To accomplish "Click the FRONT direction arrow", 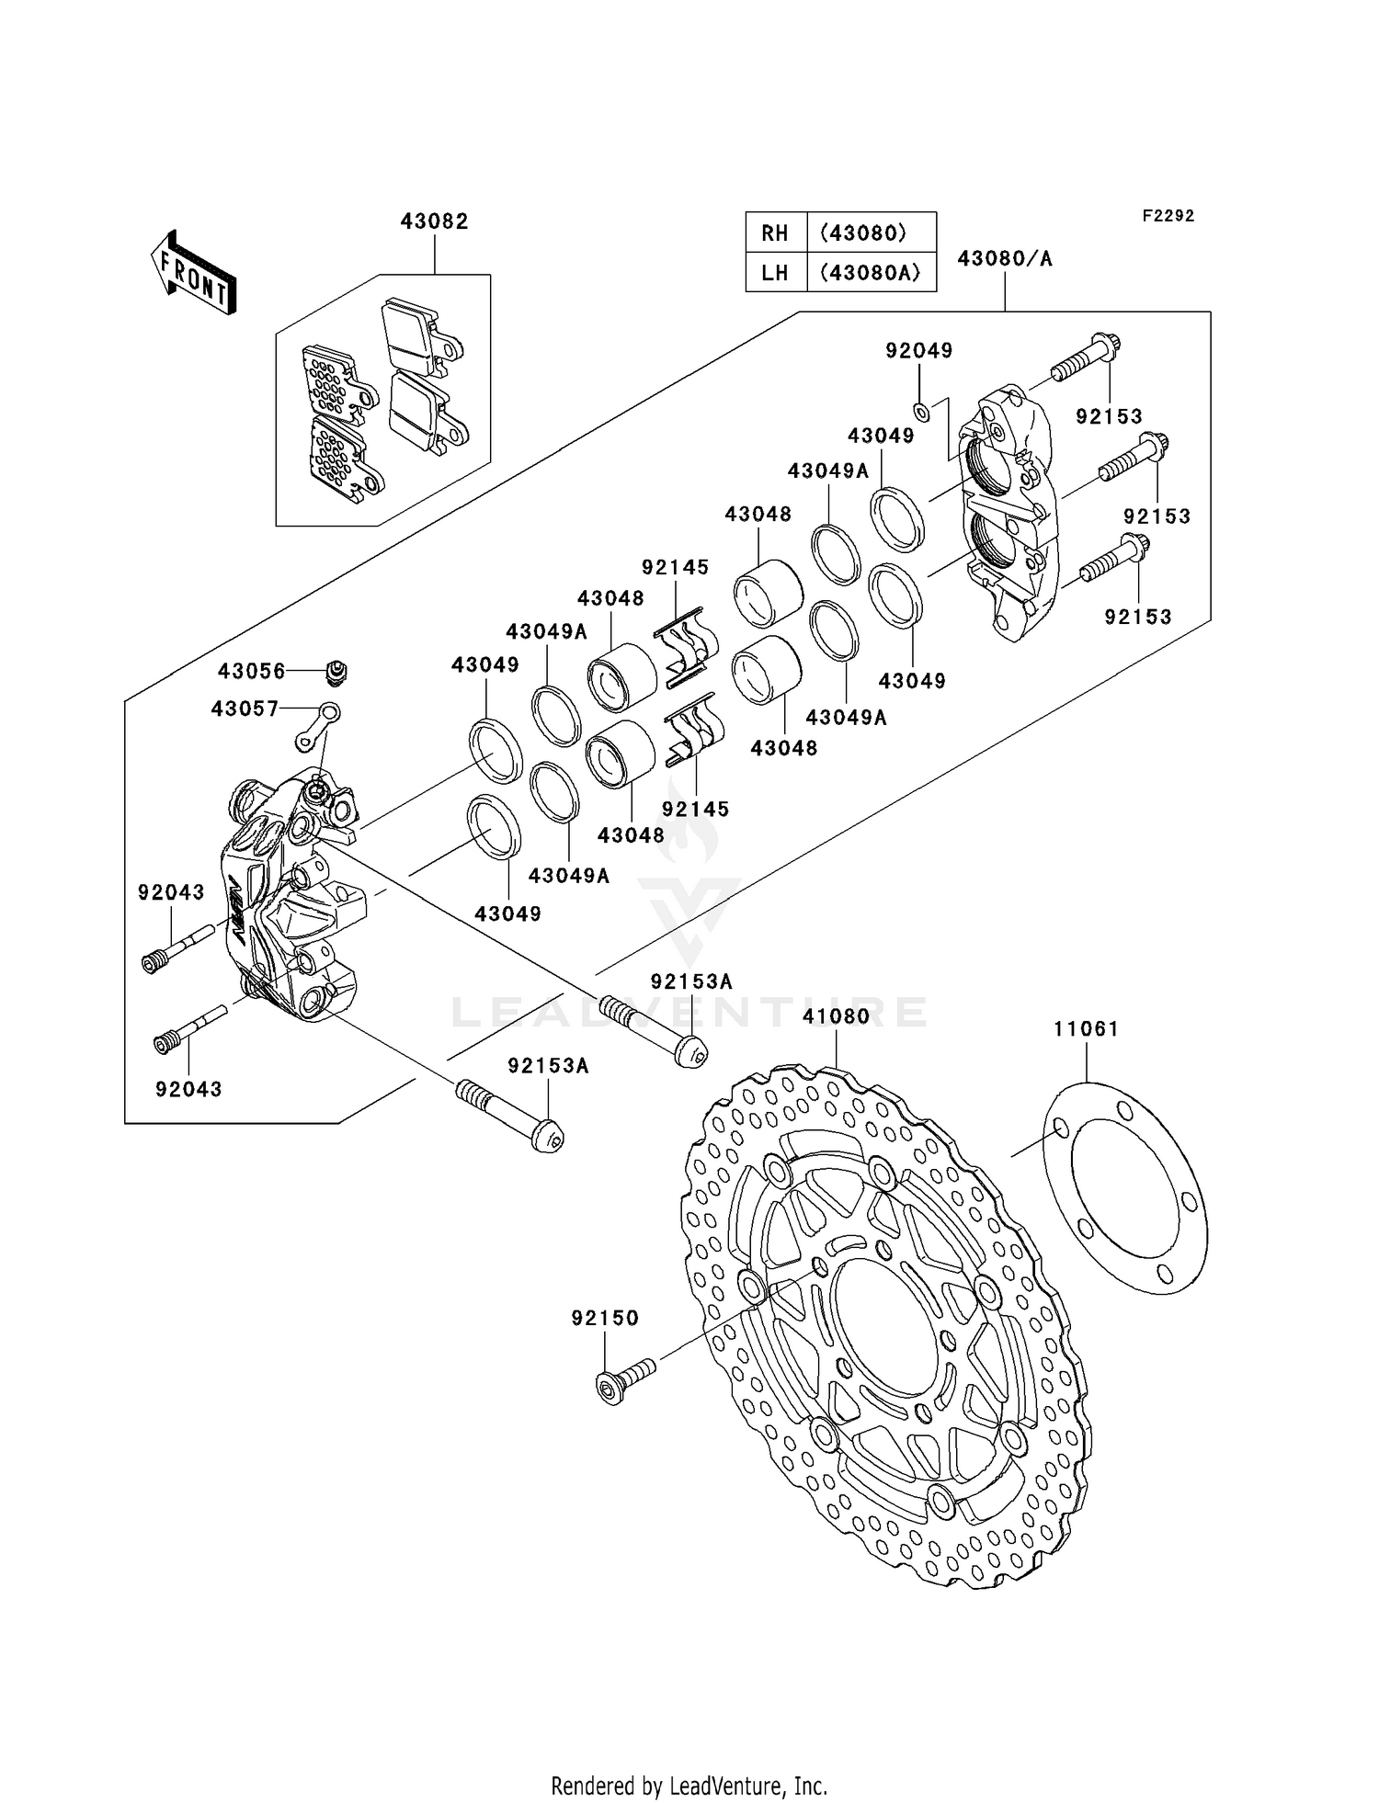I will (193, 274).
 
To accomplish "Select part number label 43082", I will (434, 221).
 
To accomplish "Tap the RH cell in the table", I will (775, 233).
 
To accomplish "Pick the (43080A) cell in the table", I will (870, 272).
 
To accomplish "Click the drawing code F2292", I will (1168, 216).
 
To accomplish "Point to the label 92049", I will (918, 350).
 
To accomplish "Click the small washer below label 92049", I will (922, 411).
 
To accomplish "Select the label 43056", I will (251, 671).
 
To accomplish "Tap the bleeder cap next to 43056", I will (337, 673).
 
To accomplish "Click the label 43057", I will (245, 709).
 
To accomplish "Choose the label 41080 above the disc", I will (836, 1016).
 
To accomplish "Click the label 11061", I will (1086, 1028).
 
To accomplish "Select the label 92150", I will (604, 1318).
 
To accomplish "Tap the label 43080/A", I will (1004, 258).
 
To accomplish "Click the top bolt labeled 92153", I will (1085, 359).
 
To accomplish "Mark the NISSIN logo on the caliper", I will (237, 910).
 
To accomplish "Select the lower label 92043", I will (188, 1089).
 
